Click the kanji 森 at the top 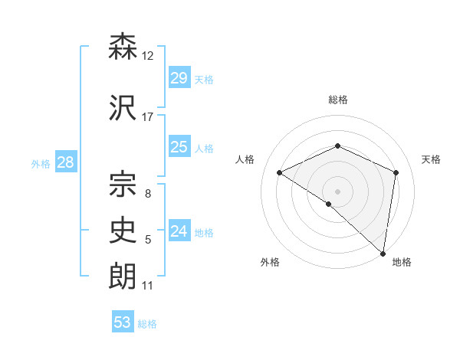pyautogui.click(x=123, y=47)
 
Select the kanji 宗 pyautogui.click(x=123, y=182)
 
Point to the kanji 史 pyautogui.click(x=123, y=229)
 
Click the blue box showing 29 pyautogui.click(x=179, y=78)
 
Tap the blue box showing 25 pyautogui.click(x=179, y=147)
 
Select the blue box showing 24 pyautogui.click(x=179, y=231)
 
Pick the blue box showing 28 pyautogui.click(x=65, y=162)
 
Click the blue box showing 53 pyautogui.click(x=123, y=322)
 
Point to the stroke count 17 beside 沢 pyautogui.click(x=148, y=117)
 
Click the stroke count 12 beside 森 pyautogui.click(x=148, y=56)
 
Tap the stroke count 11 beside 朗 pyautogui.click(x=148, y=286)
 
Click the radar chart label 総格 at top pyautogui.click(x=337, y=100)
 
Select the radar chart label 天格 pyautogui.click(x=431, y=159)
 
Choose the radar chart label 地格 pyautogui.click(x=402, y=262)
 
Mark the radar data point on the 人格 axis pyautogui.click(x=280, y=172)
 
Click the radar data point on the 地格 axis pyautogui.click(x=383, y=253)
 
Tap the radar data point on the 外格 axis pyautogui.click(x=328, y=204)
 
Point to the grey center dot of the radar pyautogui.click(x=337, y=191)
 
